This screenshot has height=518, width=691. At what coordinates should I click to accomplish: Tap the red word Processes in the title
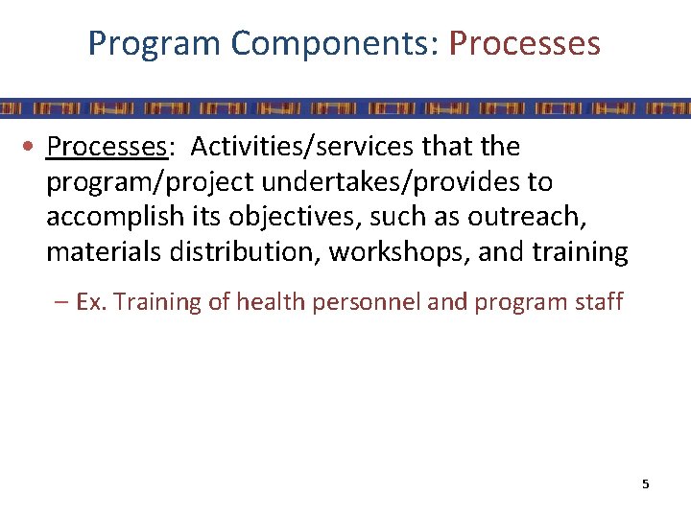pos(524,44)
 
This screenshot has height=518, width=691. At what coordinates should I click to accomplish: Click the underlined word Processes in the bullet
pos(107,147)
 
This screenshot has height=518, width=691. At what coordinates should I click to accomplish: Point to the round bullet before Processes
pos(33,148)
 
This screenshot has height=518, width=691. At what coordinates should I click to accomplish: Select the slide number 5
pos(645,484)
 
